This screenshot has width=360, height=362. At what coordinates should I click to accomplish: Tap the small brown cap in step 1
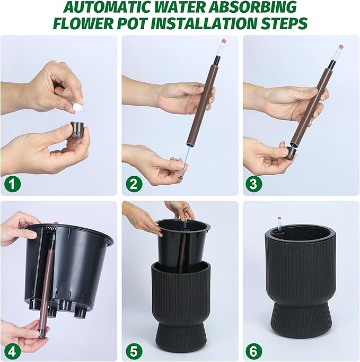[x=78, y=129]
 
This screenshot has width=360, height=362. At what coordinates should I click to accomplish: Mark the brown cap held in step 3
[x=291, y=153]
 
